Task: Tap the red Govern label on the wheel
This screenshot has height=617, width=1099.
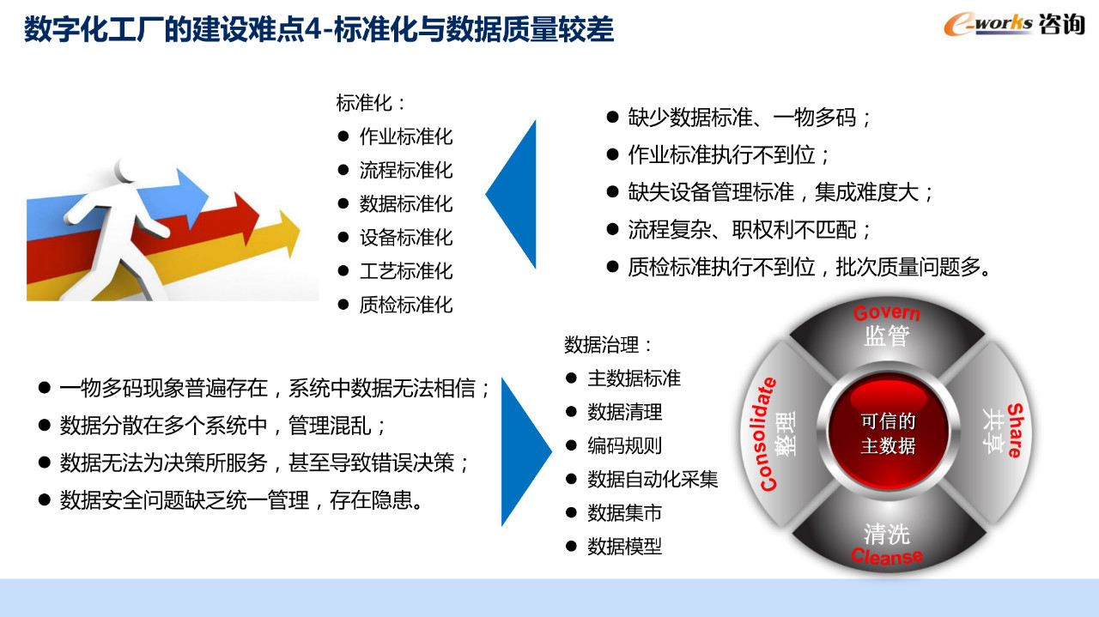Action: tap(887, 313)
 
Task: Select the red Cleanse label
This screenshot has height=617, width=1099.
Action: tap(887, 556)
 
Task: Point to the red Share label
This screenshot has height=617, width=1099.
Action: tap(1015, 431)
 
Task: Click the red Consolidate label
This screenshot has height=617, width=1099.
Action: tap(768, 434)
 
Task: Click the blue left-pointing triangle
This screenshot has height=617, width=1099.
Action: tap(511, 194)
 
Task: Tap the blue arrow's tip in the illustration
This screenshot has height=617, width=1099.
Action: tap(208, 197)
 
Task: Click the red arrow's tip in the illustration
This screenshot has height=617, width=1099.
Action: tap(259, 214)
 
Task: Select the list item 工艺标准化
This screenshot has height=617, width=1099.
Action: tap(406, 271)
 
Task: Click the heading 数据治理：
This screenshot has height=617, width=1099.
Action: tap(608, 345)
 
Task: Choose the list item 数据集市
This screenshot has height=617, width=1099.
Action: tap(624, 513)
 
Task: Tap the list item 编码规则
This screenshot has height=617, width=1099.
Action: tap(624, 446)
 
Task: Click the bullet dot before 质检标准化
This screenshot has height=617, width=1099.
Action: tap(343, 305)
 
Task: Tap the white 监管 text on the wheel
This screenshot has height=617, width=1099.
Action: tap(887, 336)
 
